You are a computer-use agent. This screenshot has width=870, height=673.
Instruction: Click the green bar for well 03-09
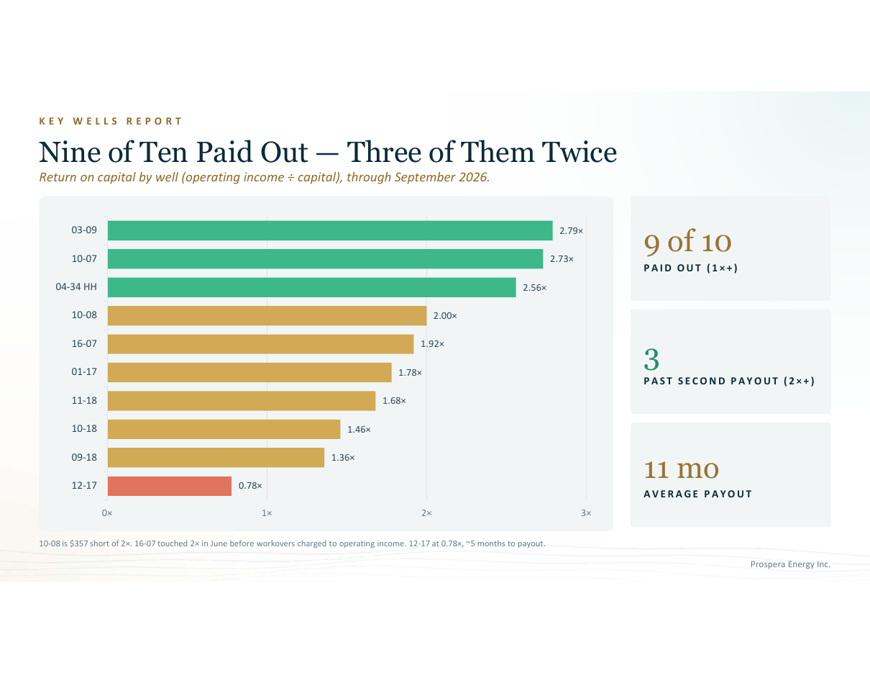(330, 230)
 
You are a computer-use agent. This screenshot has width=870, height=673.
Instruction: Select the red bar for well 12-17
(170, 486)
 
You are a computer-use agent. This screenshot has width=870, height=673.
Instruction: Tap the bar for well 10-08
(267, 316)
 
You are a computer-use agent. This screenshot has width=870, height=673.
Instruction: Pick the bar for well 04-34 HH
(312, 287)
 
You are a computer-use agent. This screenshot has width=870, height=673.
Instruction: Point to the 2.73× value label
(562, 259)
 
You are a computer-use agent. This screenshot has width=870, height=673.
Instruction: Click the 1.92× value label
(432, 344)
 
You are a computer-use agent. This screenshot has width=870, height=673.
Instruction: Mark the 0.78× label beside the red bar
(250, 486)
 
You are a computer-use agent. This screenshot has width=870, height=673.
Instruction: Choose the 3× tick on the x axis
(586, 513)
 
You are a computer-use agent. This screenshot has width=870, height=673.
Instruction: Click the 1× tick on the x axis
(267, 513)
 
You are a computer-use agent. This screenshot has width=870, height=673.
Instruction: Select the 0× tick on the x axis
(107, 513)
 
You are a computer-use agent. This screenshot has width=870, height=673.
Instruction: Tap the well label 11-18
(84, 400)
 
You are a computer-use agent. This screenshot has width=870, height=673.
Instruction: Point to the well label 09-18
(84, 457)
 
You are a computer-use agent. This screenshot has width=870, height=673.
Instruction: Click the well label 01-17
(84, 372)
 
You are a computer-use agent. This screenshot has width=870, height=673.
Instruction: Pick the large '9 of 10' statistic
(687, 242)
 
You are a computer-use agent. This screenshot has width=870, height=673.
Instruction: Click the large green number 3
(651, 359)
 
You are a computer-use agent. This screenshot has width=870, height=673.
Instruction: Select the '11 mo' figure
(681, 469)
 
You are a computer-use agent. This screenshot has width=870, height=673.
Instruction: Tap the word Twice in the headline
(579, 153)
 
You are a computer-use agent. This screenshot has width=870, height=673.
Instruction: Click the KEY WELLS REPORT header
(111, 121)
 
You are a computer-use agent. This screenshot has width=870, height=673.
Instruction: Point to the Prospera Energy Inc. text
(790, 564)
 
